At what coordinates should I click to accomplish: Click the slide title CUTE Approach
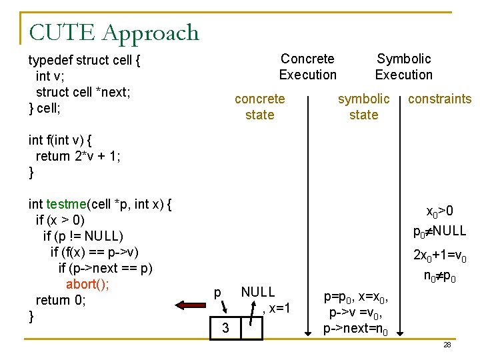click(x=114, y=32)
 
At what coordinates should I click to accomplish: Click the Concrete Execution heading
click(x=307, y=67)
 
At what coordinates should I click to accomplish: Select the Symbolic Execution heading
click(x=403, y=67)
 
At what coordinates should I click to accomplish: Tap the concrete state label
click(x=259, y=107)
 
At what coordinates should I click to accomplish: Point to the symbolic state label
click(x=363, y=107)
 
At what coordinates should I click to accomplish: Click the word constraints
click(x=439, y=99)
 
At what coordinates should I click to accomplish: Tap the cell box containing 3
click(x=226, y=329)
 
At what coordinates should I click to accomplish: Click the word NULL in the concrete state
click(x=257, y=292)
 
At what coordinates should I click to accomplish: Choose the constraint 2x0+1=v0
click(x=439, y=255)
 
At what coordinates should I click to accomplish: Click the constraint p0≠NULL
click(x=439, y=232)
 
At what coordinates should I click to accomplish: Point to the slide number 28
click(x=447, y=345)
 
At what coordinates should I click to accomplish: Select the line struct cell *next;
click(x=83, y=92)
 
